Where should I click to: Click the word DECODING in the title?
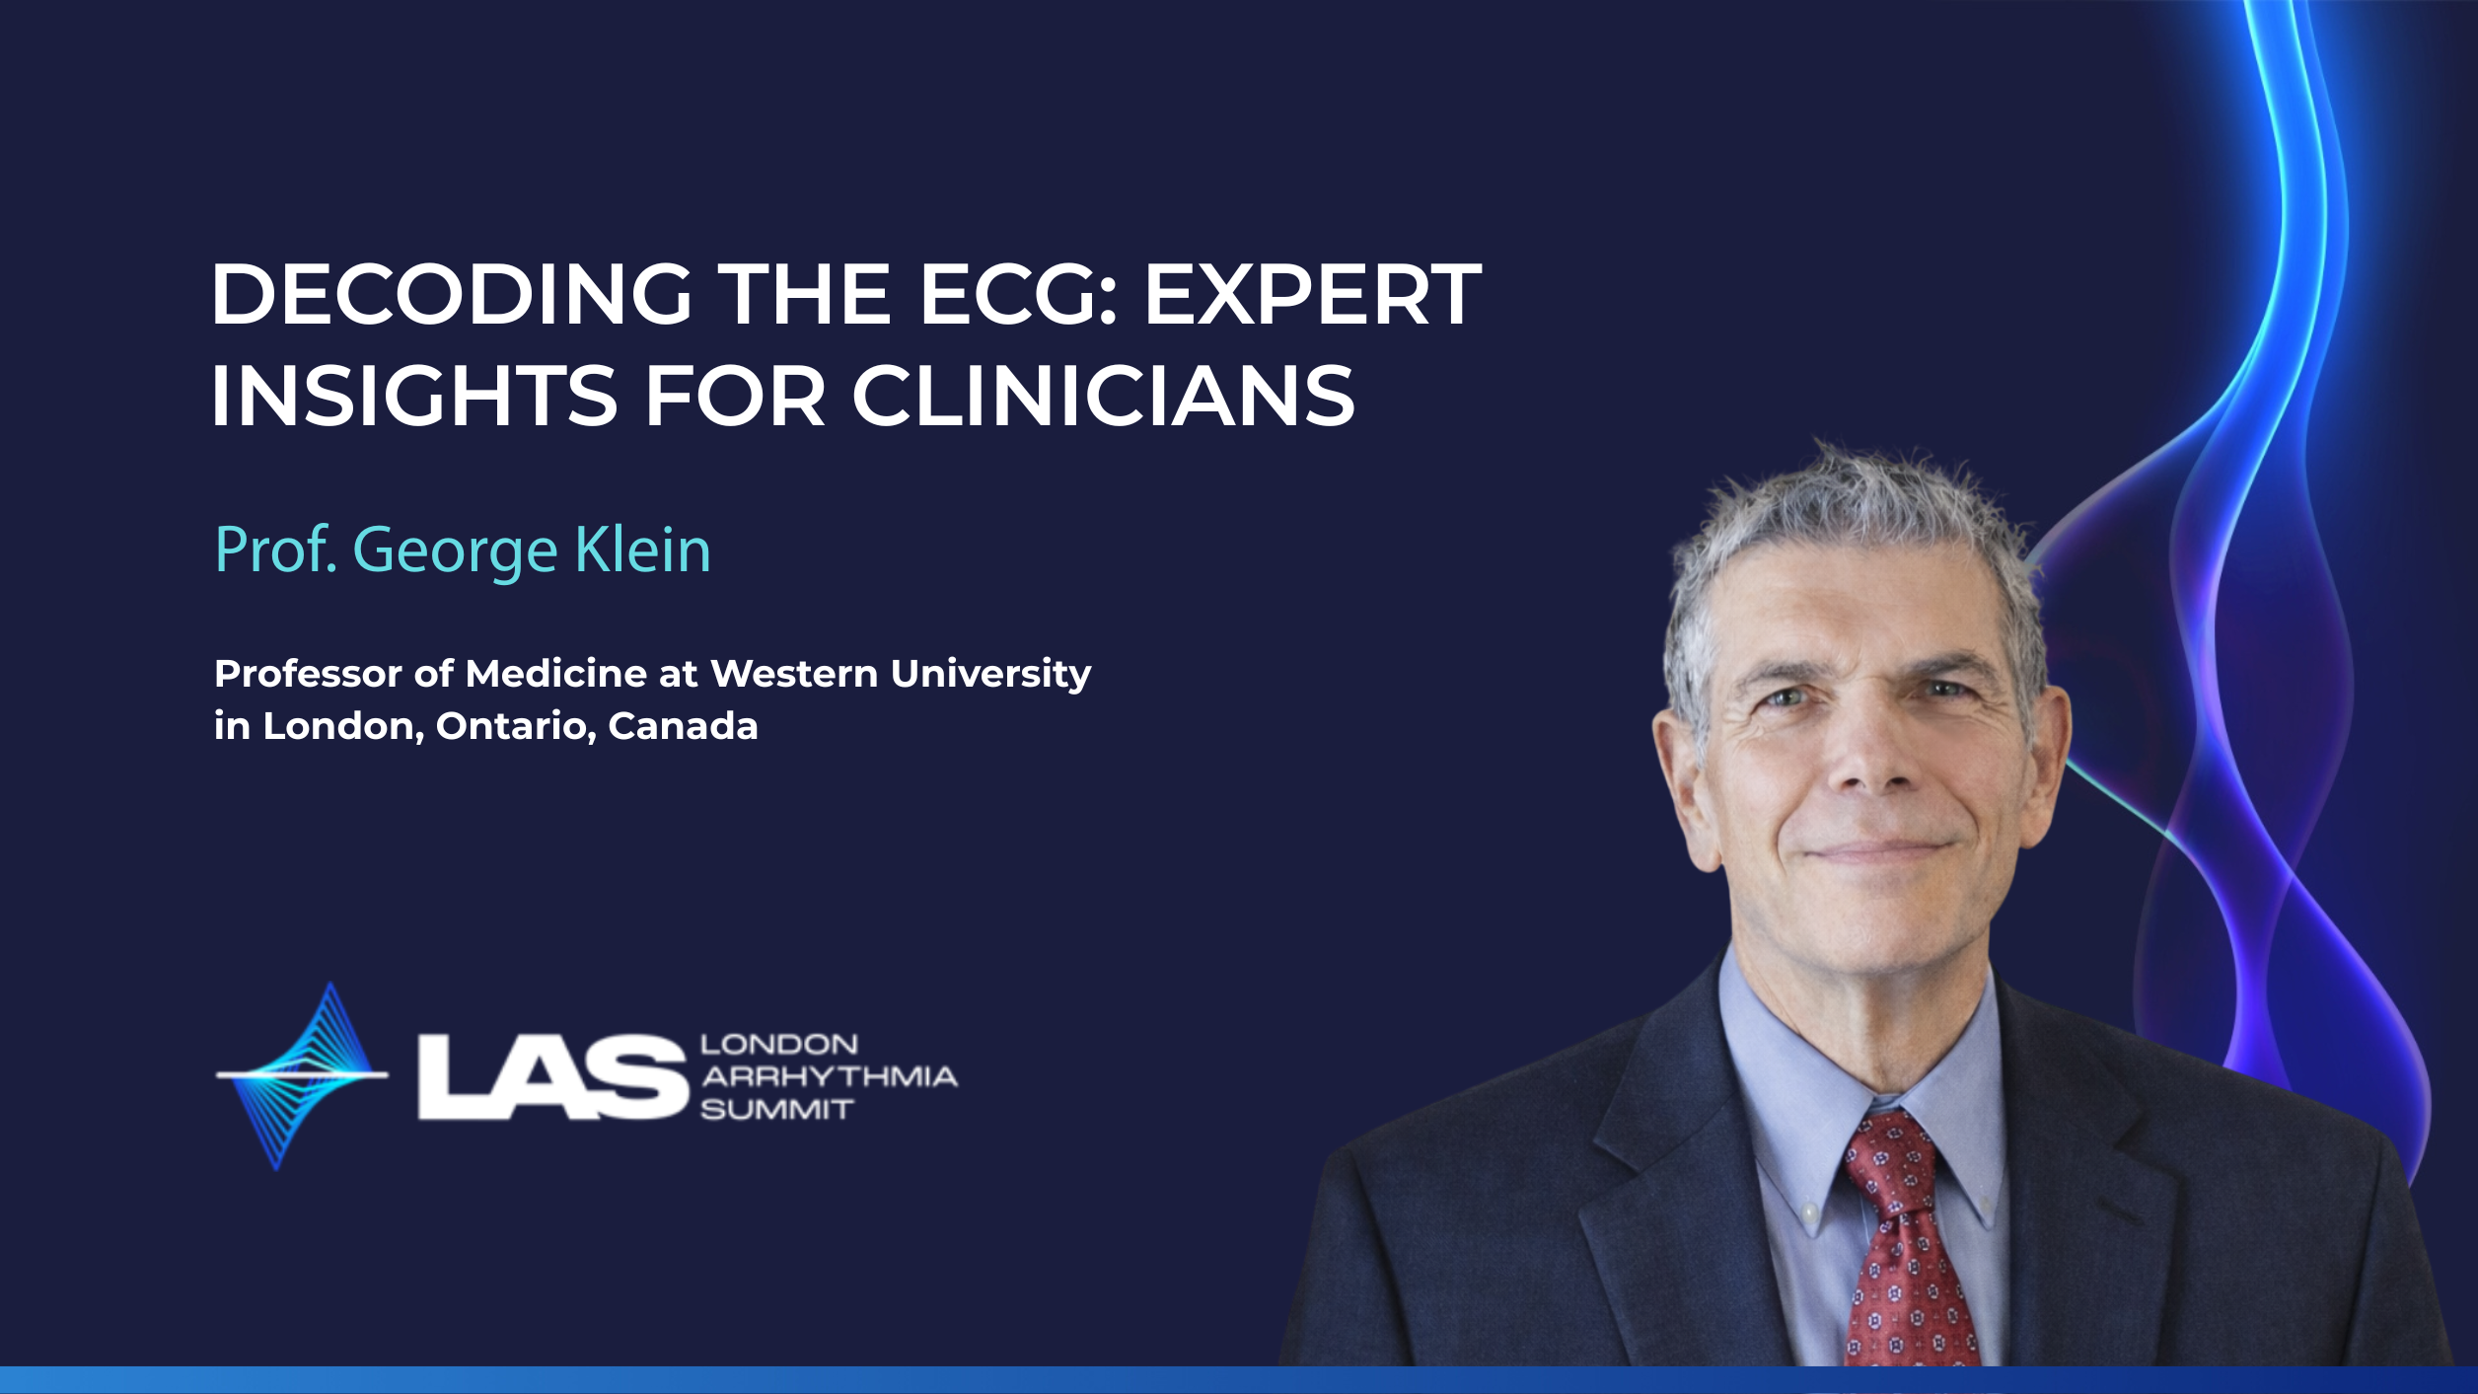tap(451, 294)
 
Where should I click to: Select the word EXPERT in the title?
tap(1312, 294)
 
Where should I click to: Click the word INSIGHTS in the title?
tap(414, 396)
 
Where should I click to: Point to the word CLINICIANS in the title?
tap(1104, 396)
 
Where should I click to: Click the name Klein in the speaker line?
tap(642, 550)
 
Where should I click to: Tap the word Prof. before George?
tap(276, 550)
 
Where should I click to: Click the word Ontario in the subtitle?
tap(516, 727)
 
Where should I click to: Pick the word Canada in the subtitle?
tap(683, 726)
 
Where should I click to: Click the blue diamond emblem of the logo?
tap(302, 1075)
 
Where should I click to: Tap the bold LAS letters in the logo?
tap(552, 1076)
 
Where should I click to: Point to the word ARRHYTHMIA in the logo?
tap(829, 1076)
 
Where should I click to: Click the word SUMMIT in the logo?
tap(776, 1110)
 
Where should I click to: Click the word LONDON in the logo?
tap(779, 1044)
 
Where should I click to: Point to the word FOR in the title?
tap(735, 396)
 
